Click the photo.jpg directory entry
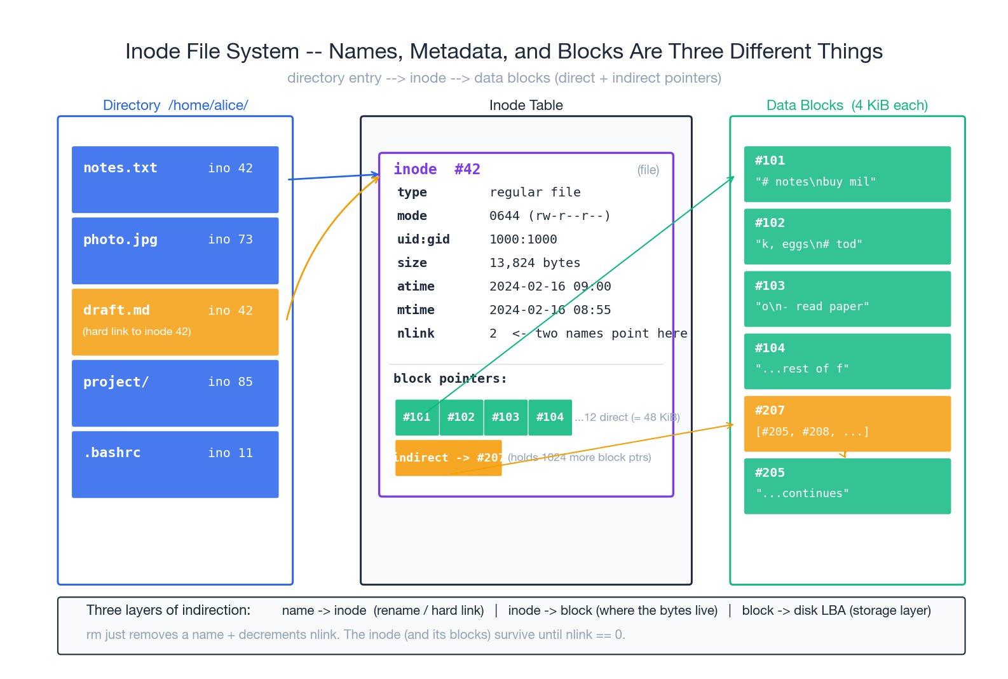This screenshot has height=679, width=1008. tap(175, 250)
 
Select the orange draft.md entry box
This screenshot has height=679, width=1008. tap(175, 322)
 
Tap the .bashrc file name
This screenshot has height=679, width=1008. tap(112, 453)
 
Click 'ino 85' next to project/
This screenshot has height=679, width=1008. tap(230, 381)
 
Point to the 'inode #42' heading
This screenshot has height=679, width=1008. tap(437, 169)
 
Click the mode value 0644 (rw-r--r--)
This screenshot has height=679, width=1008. tap(550, 216)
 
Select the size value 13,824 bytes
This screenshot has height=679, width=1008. tap(535, 263)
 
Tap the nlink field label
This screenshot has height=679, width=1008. tap(416, 333)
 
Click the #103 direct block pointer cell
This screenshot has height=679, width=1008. tap(505, 417)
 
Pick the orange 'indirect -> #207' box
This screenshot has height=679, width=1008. tap(448, 458)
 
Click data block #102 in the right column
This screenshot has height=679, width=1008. tap(847, 236)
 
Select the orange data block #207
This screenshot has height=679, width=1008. tap(847, 423)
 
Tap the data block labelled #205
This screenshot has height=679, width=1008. tap(847, 486)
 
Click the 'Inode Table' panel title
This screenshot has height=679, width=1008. tap(526, 105)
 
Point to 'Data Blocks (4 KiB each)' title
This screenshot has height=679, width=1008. tap(847, 105)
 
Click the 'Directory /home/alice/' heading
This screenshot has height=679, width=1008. tap(175, 105)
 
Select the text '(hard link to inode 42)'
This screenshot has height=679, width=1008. tap(137, 331)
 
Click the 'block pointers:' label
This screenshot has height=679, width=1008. tap(450, 378)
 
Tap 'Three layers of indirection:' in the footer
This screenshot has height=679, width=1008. tap(168, 610)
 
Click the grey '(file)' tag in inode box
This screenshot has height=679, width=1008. tap(648, 170)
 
